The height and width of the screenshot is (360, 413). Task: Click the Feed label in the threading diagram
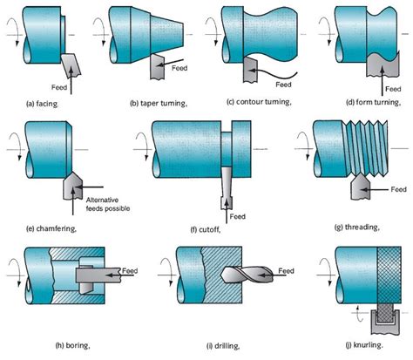point(398,189)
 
